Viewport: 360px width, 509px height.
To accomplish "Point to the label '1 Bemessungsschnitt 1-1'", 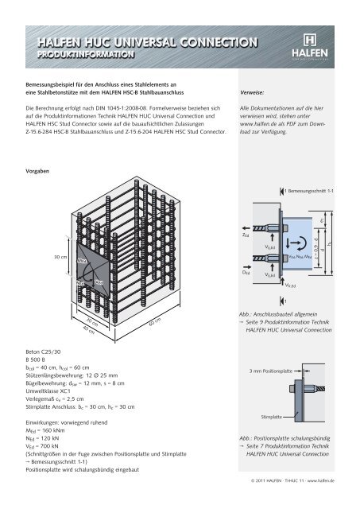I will point(308,190).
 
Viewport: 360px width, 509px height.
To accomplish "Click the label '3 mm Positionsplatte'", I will point(271,371).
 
